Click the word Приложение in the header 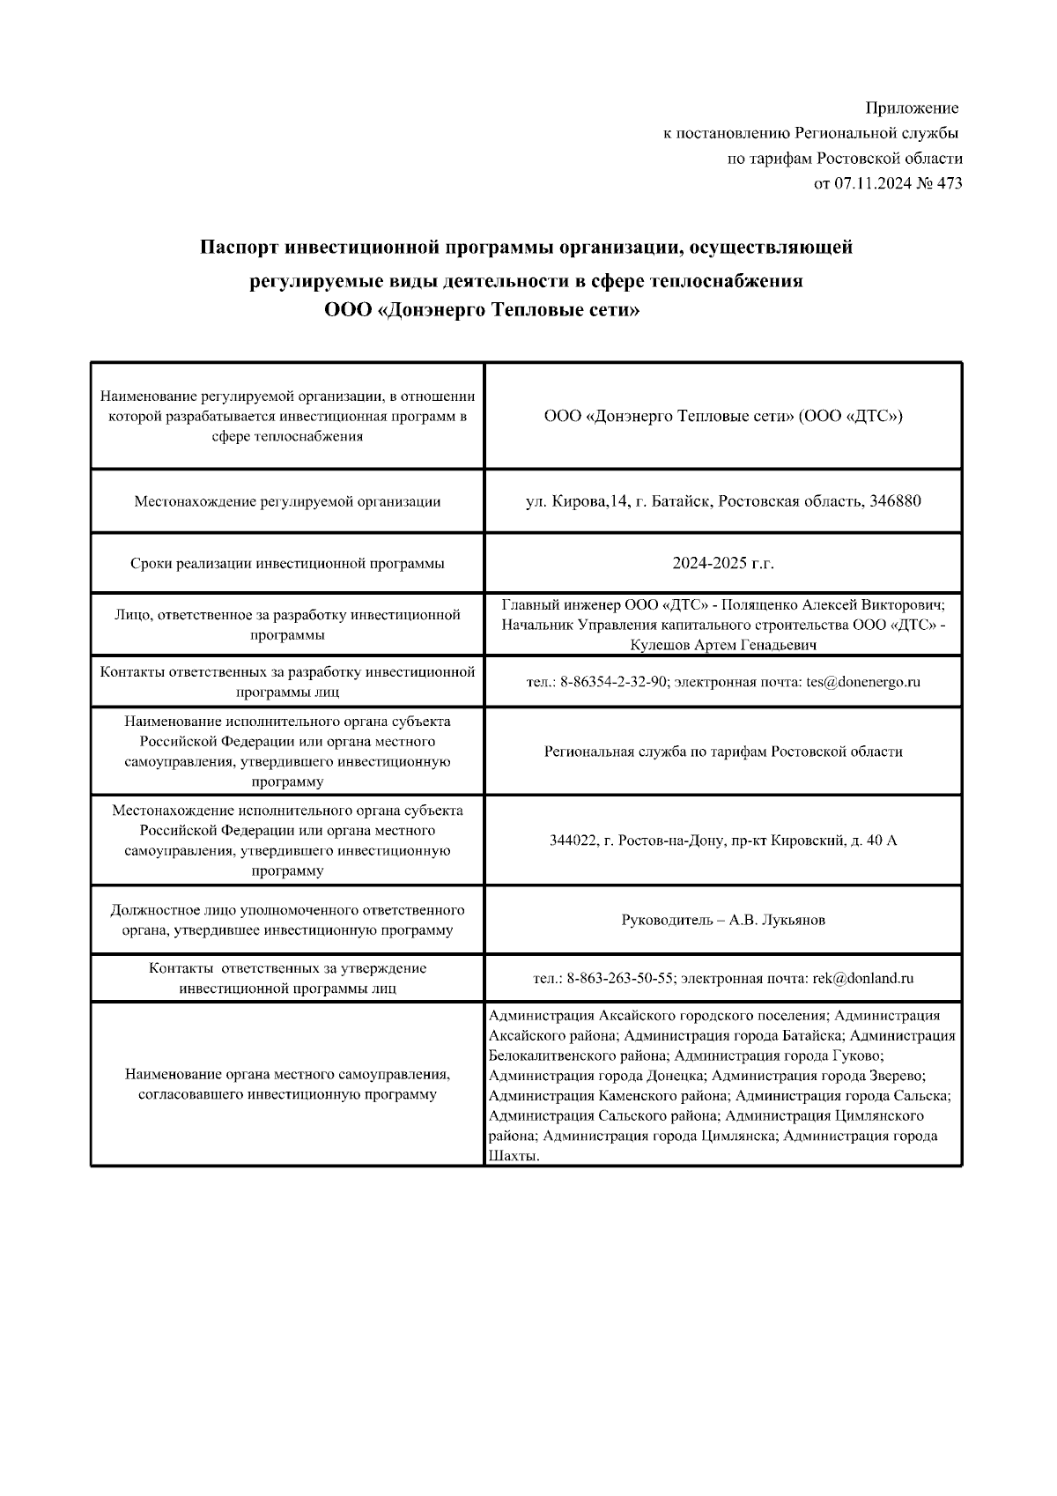coord(912,108)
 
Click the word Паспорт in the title coord(240,248)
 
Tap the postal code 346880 coord(895,501)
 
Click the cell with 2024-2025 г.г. coord(722,563)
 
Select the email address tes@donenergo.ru coord(863,682)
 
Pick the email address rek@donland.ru coord(862,978)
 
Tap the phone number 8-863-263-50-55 coord(620,978)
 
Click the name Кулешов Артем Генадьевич coord(723,646)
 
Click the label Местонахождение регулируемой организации coord(287,501)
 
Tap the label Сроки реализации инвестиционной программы coord(287,563)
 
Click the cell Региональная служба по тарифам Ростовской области coord(722,752)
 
